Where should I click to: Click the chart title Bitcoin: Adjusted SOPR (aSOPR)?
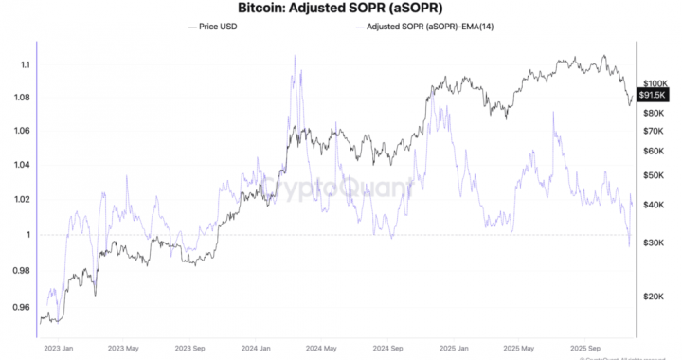(x=340, y=9)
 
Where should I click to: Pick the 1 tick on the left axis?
(x=27, y=234)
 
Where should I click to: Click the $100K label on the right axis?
(x=655, y=83)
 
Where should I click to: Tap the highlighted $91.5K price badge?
(x=655, y=96)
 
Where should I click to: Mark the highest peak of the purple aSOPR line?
(x=295, y=55)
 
